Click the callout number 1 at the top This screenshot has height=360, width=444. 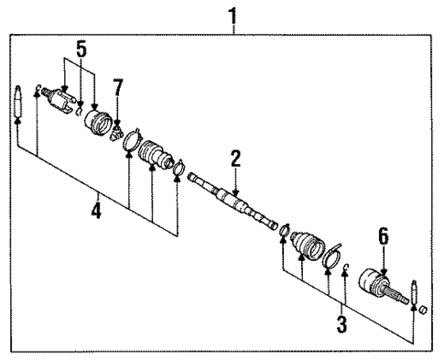[x=234, y=15]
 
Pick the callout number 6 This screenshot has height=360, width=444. [x=384, y=237]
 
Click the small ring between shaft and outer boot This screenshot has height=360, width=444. [x=284, y=229]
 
